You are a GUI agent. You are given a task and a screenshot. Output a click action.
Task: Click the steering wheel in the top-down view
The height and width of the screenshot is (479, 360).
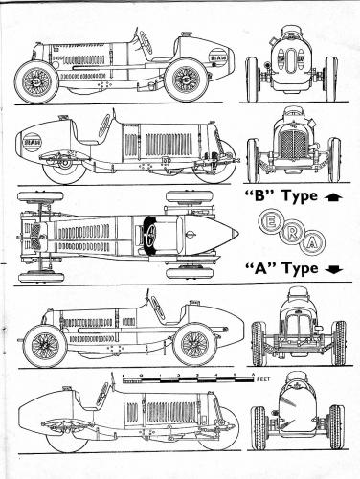point(149,236)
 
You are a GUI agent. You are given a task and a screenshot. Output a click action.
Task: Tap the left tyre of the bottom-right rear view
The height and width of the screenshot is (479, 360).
point(256,426)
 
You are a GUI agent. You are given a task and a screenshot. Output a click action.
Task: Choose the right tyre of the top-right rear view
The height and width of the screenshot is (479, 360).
point(330,79)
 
